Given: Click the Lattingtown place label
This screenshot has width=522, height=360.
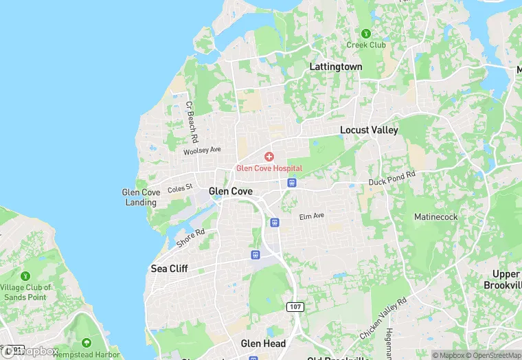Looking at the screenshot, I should tap(335, 67).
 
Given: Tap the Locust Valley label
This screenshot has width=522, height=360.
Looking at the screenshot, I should tap(369, 130).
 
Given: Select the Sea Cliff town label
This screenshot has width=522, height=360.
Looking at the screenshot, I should tap(169, 269).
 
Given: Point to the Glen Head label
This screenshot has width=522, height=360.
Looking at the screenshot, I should tap(263, 344).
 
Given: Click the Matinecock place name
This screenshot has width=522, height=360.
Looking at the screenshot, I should tap(435, 217).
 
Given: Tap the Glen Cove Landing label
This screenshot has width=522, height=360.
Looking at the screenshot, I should tap(141, 197).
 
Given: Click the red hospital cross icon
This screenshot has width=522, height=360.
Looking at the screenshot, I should tap(269, 157).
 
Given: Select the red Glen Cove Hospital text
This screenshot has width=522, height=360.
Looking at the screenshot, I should tap(269, 168).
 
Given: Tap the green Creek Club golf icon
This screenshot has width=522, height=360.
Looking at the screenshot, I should tap(366, 33).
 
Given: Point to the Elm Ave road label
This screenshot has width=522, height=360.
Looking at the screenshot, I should tap(311, 216).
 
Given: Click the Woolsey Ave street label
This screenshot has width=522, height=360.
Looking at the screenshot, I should tap(202, 150).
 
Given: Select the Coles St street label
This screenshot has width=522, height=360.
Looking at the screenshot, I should tap(180, 188).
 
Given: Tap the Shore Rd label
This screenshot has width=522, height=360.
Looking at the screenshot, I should tap(190, 237).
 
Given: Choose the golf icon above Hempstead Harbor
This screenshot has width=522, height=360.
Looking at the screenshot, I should tap(87, 342).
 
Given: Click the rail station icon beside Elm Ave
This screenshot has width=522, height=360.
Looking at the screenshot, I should tap(275, 223).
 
